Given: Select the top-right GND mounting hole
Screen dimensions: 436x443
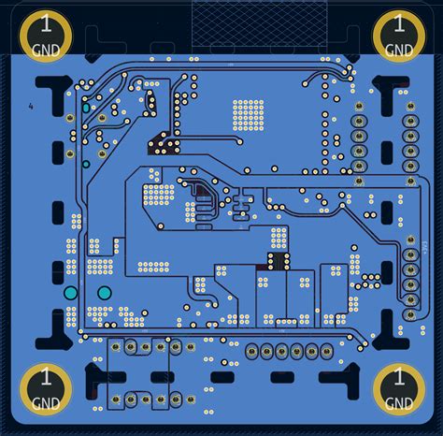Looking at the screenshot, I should tap(398, 36).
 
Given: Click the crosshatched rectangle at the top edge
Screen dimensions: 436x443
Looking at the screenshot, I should tap(259, 19).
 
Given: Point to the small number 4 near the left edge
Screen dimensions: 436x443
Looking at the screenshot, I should tap(31, 107).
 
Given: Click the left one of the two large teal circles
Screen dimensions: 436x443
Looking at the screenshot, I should tap(71, 293).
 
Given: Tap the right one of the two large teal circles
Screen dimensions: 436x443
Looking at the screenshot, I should tap(104, 293).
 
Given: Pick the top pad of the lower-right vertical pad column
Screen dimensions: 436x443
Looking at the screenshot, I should tap(409, 240).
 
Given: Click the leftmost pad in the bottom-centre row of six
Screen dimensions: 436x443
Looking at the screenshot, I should tap(251, 351).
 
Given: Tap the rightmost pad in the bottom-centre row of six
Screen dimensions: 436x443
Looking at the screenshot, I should tap(326, 351).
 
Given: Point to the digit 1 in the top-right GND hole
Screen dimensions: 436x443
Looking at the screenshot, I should tap(398, 23).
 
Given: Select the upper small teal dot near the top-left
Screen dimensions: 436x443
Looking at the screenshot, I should tap(86, 109).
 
